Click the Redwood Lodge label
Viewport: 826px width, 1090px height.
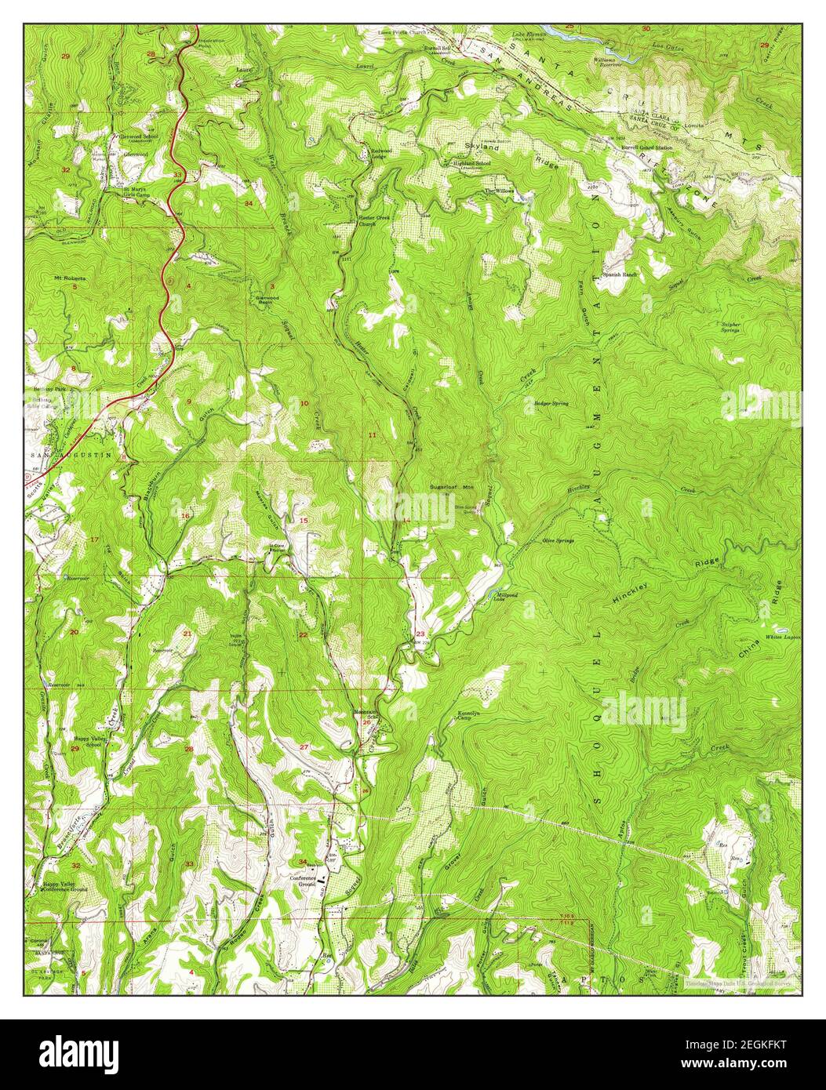373,154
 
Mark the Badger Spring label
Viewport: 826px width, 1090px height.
551,403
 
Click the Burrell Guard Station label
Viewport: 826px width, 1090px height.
647,147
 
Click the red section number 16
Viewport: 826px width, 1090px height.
186,515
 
